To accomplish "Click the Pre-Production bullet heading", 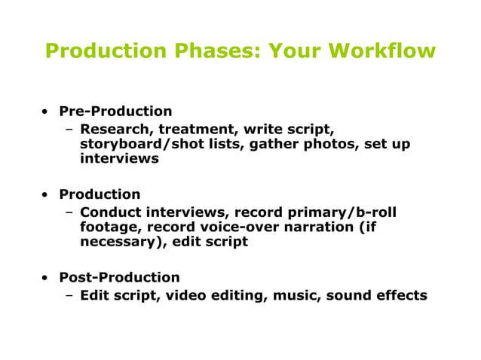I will (115, 111).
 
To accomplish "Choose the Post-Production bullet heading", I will (119, 277).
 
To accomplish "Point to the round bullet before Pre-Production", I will (47, 112).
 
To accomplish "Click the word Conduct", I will (111, 212).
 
